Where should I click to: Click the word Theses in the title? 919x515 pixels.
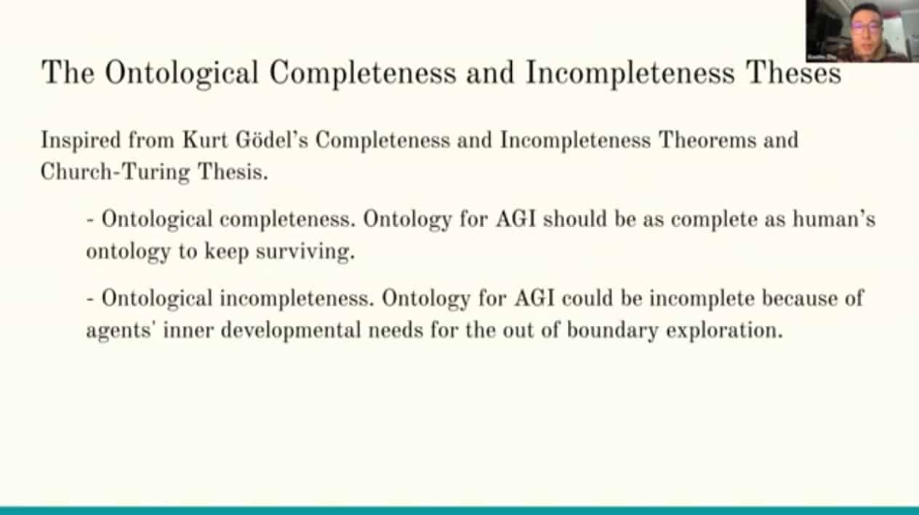point(794,72)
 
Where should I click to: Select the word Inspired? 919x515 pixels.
point(81,141)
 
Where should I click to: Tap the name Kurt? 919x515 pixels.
point(205,140)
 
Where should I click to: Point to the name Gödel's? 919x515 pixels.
point(272,140)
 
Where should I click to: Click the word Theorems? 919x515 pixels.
point(707,140)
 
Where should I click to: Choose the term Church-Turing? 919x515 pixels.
point(116,172)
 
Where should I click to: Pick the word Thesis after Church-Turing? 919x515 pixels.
point(233,172)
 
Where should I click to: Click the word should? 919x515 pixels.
point(575,219)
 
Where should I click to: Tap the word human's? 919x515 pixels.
point(834,219)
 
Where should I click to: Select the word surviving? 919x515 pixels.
point(305,251)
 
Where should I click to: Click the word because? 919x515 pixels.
point(799,298)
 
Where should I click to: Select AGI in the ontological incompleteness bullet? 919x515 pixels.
point(534,298)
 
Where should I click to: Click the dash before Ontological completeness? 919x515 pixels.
point(91,220)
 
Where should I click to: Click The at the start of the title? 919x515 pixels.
point(68,72)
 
